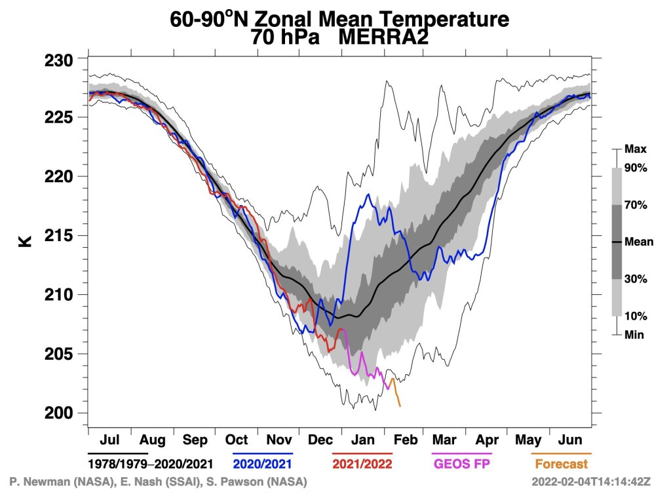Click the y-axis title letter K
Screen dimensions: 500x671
25,240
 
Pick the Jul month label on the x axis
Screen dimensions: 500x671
109,440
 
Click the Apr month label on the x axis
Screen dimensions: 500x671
486,440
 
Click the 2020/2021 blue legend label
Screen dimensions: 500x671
262,464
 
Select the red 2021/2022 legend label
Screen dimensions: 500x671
362,464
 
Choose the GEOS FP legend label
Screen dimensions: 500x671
461,464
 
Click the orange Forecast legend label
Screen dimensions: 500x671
561,464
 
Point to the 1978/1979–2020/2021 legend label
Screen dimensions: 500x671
151,464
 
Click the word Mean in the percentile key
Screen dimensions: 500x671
639,242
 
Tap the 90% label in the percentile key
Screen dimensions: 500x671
636,168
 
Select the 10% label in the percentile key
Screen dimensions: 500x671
636,316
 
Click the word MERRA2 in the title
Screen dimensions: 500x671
383,37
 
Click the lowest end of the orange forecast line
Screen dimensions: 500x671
400,406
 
